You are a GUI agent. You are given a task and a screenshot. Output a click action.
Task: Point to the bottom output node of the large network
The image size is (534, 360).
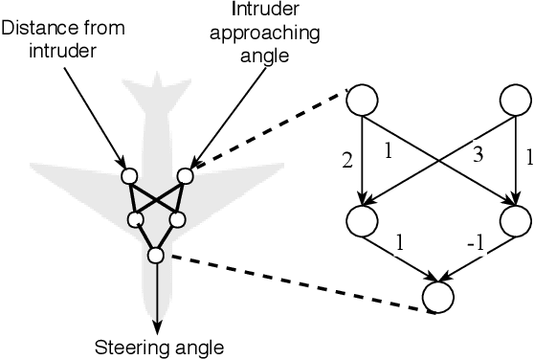pos(438,296)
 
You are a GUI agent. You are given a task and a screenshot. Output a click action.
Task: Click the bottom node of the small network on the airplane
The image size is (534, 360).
pos(155,255)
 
